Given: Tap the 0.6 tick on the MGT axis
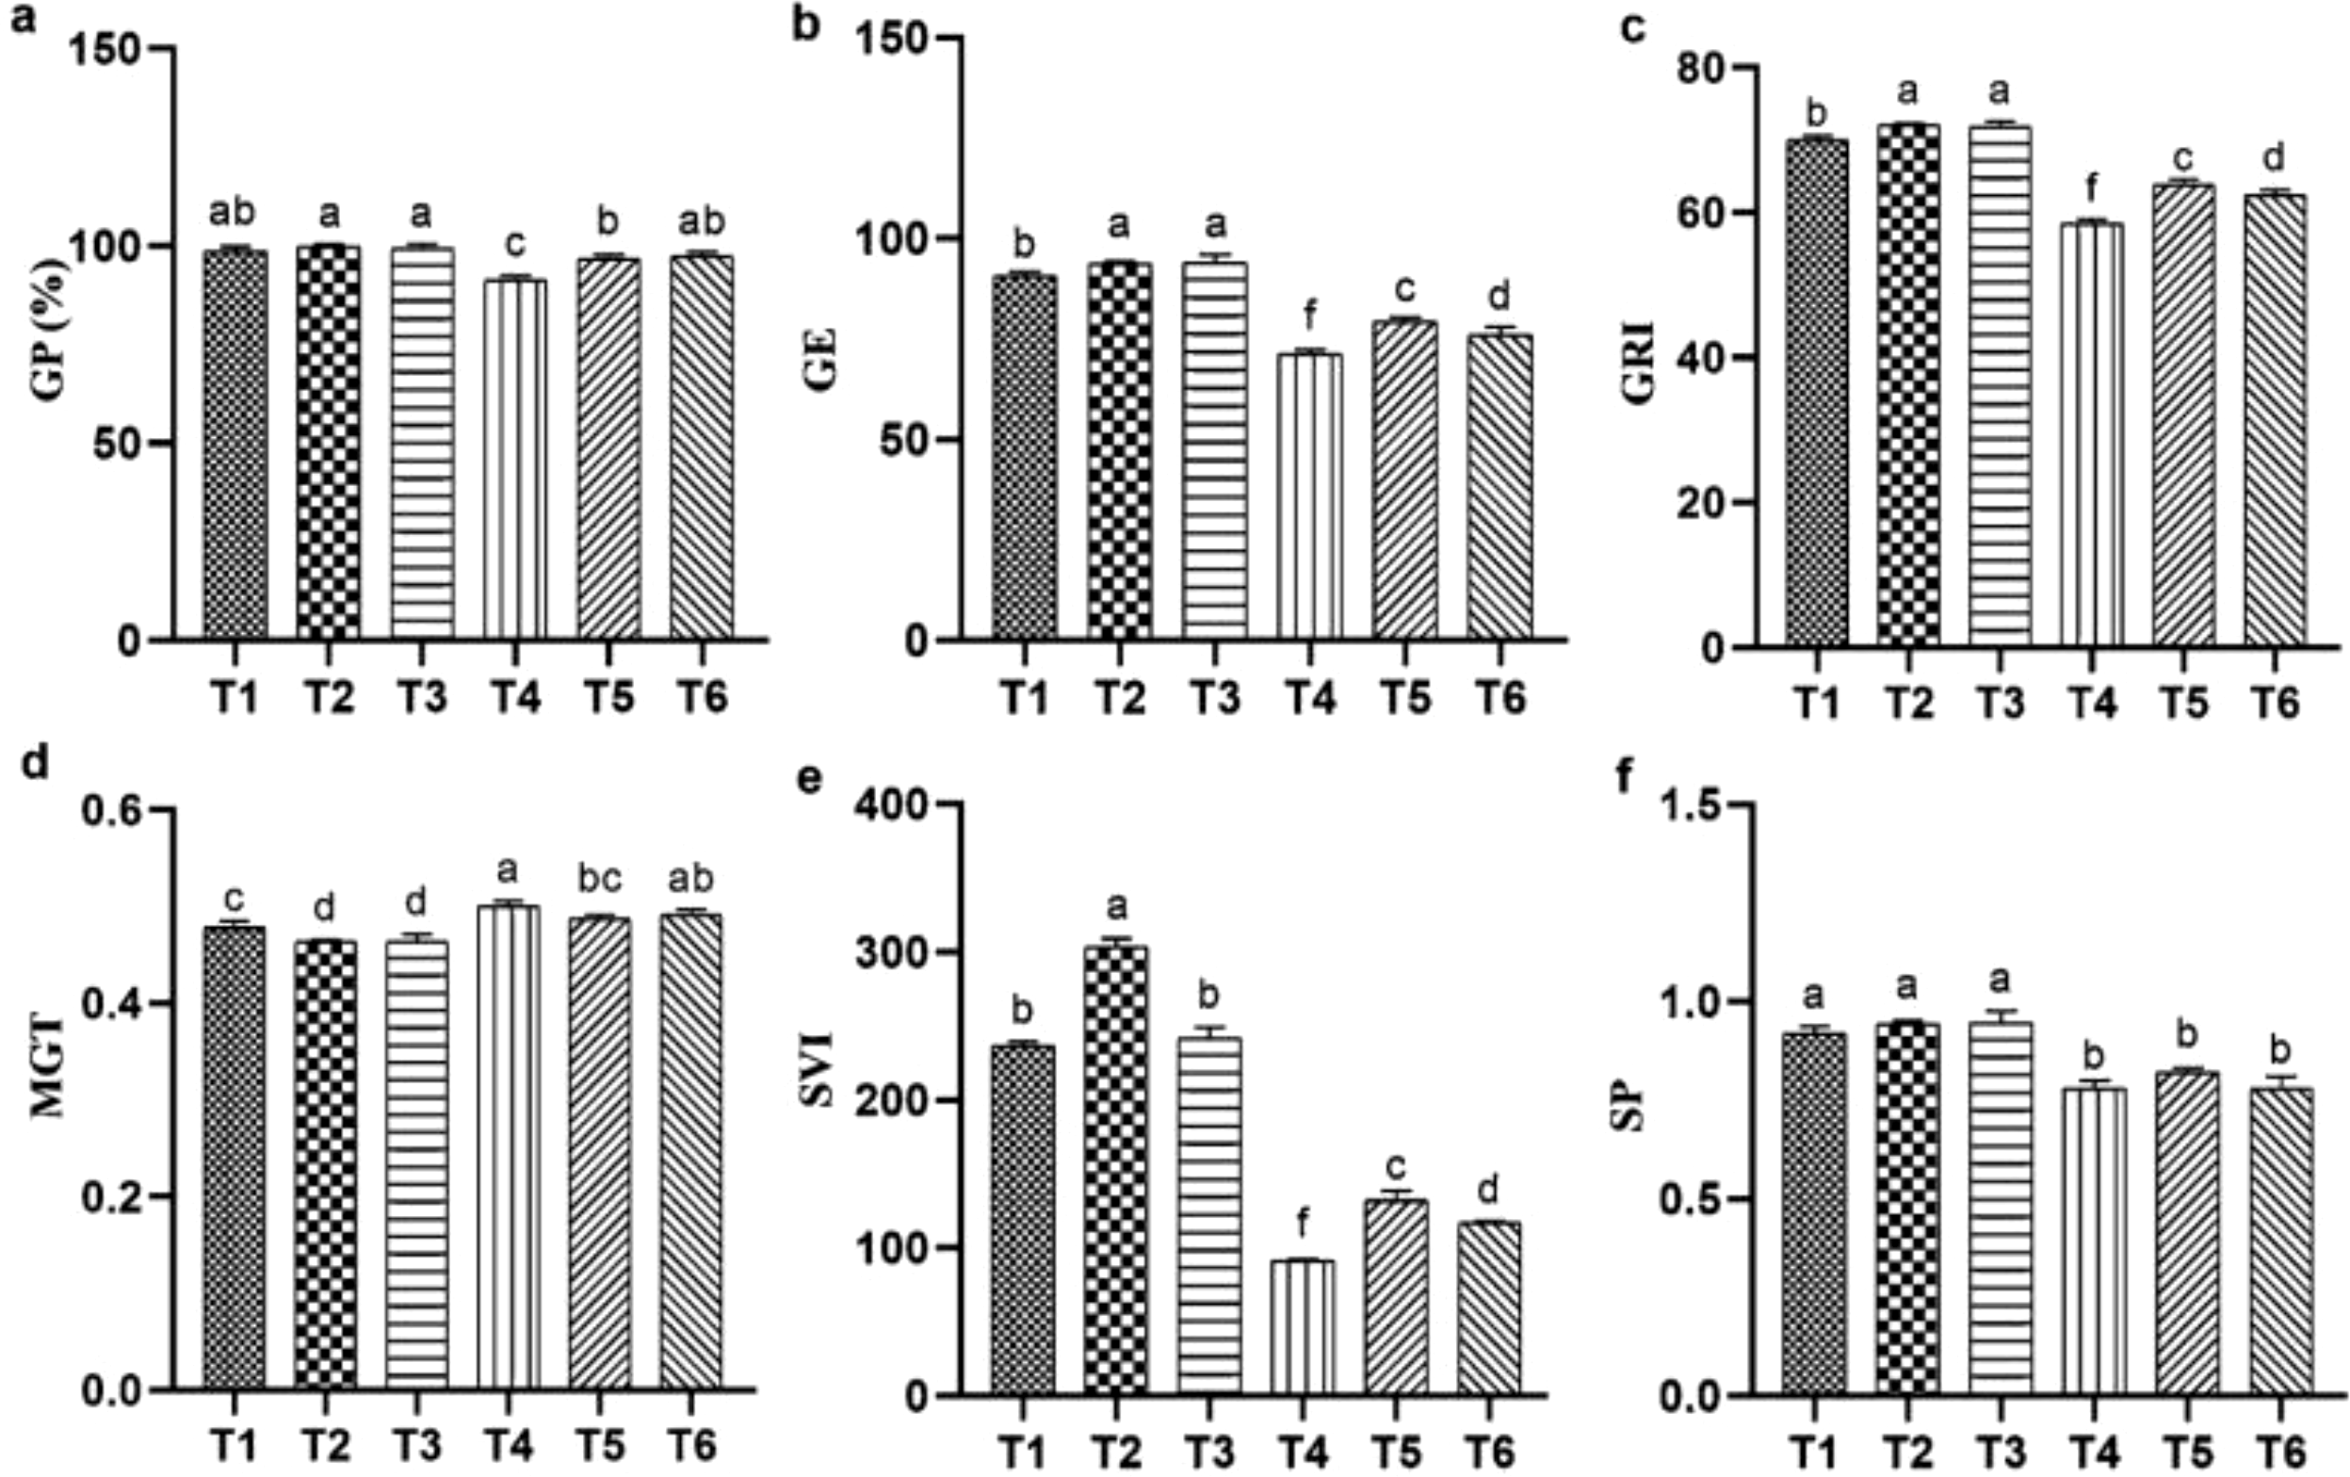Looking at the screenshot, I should coord(112,810).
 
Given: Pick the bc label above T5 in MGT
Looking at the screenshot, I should coord(600,879).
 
